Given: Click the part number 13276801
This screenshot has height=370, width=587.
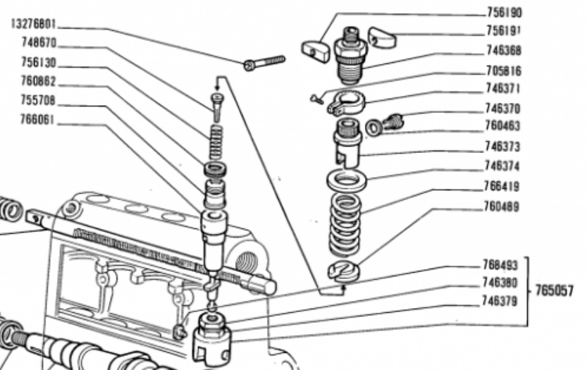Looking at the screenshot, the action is (x=34, y=25).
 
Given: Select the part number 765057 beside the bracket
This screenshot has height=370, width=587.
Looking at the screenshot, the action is (x=554, y=290).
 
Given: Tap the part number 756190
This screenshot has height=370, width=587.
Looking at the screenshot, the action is (x=505, y=13).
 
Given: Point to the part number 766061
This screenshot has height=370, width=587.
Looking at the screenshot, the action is (x=37, y=120).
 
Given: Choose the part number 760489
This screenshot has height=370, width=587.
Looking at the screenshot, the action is (x=502, y=206).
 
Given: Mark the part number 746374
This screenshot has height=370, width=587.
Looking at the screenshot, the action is (x=502, y=166).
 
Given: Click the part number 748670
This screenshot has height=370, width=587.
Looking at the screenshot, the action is (x=39, y=43).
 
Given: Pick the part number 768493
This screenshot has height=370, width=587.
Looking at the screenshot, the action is (x=500, y=265).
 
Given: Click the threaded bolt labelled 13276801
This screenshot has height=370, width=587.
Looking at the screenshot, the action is (x=264, y=63).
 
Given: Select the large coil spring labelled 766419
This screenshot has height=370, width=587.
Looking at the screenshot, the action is (x=345, y=225).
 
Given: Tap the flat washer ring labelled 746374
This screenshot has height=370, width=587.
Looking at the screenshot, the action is (x=347, y=180).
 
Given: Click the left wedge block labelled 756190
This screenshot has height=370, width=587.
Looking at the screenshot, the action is (x=316, y=51).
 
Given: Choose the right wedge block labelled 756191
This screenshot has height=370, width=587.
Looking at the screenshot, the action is (x=382, y=37).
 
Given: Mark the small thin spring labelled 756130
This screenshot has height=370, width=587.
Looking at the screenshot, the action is (x=216, y=142).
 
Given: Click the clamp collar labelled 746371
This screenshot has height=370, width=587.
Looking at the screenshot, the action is (x=345, y=102).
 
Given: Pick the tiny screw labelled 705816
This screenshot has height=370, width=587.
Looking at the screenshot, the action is (x=316, y=99).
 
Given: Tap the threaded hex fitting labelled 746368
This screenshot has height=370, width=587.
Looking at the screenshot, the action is (x=350, y=56).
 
